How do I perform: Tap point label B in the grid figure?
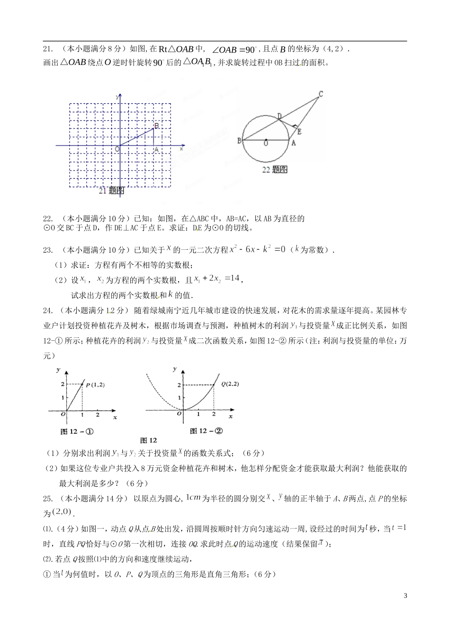pos(156,125)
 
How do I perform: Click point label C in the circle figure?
pos(321,94)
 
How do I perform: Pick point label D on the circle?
pos(279,116)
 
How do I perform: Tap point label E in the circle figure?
pos(299,131)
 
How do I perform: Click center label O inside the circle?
pos(266,143)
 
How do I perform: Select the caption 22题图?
pos(275,169)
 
